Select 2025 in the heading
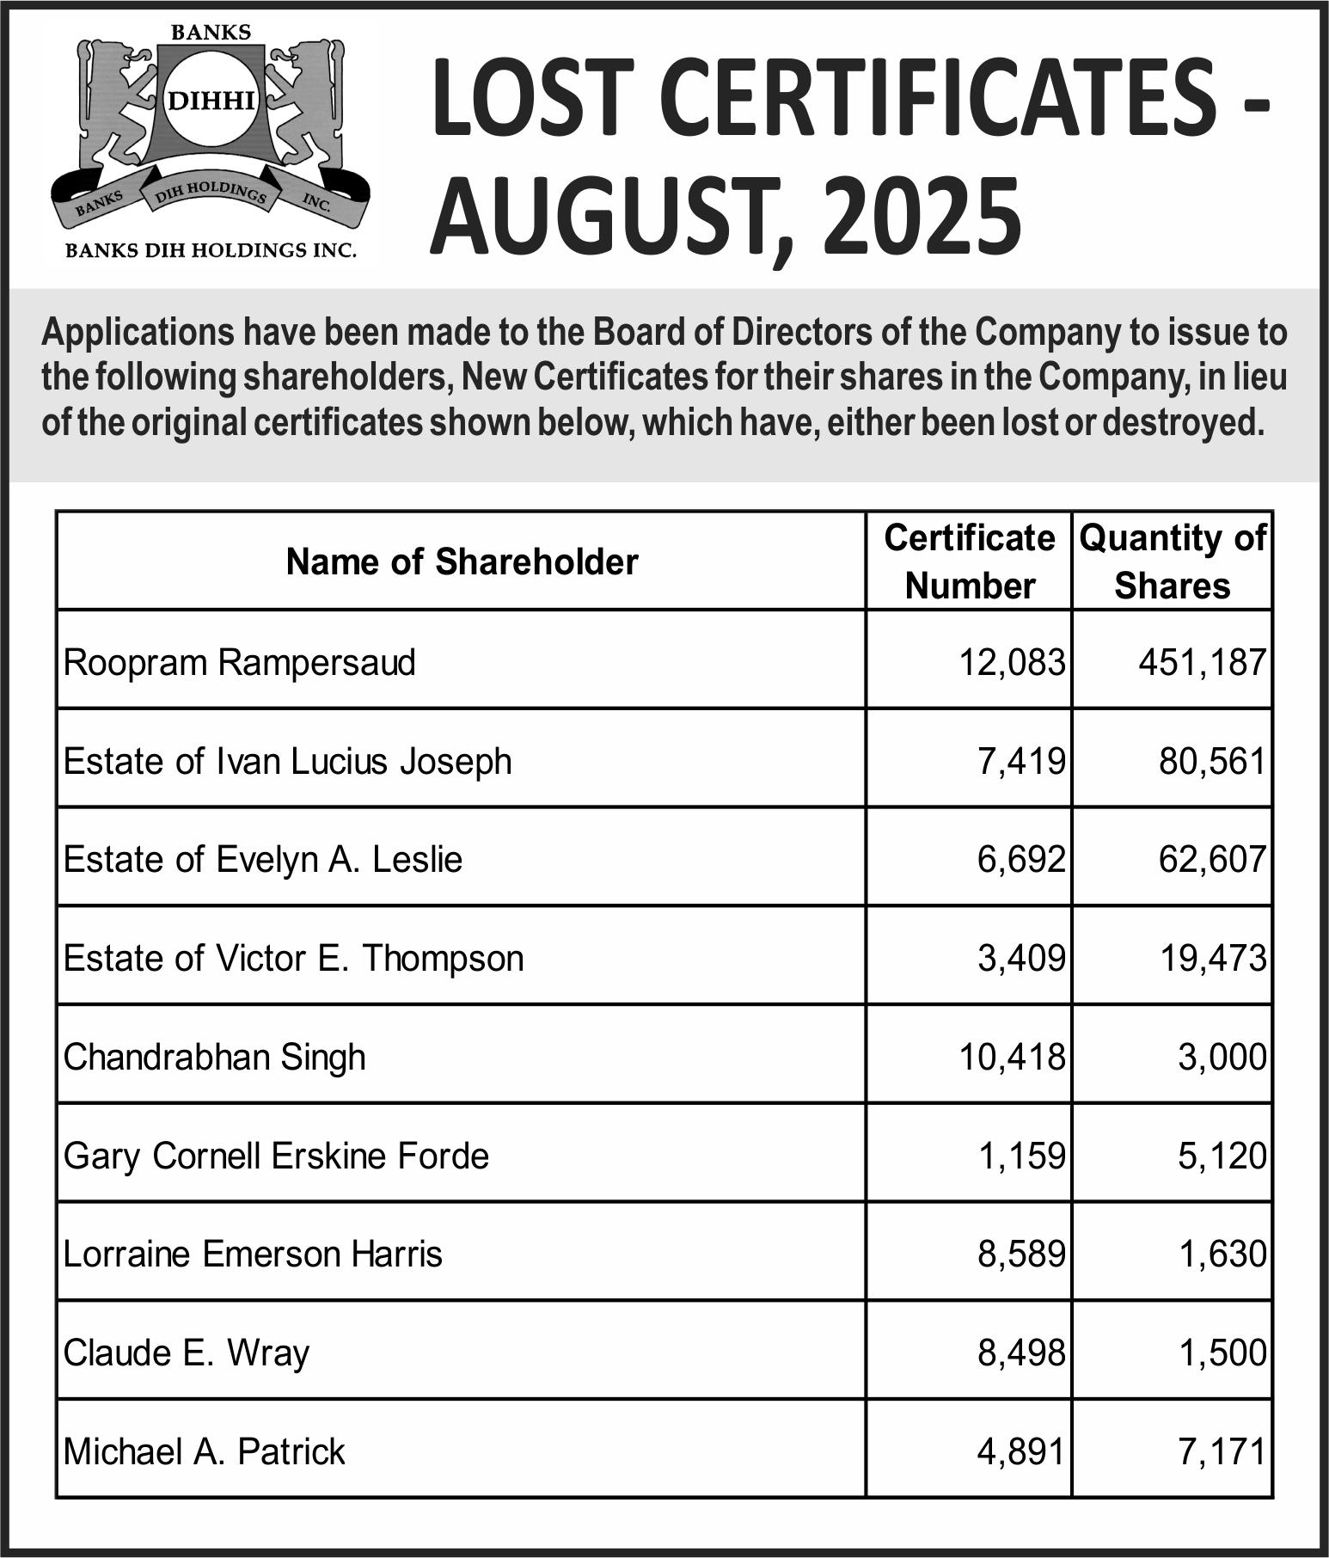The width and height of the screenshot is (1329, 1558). (x=923, y=216)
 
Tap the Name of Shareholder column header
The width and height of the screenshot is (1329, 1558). (x=462, y=561)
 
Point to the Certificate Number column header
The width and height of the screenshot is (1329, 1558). (x=969, y=561)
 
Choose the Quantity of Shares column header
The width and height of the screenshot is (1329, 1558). (x=1172, y=561)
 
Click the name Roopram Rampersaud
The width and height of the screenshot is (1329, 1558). (x=239, y=663)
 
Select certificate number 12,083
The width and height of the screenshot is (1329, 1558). (x=1012, y=663)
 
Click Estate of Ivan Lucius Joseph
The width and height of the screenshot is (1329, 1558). (x=287, y=762)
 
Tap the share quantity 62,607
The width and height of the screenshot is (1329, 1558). (x=1212, y=860)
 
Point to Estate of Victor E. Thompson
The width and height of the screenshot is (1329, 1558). (x=293, y=959)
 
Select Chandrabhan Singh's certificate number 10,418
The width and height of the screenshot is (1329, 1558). (x=1012, y=1057)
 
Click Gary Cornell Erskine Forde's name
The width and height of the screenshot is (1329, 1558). (x=276, y=1156)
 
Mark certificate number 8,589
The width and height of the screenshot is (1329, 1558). (x=1021, y=1254)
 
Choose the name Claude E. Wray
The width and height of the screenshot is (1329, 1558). (x=186, y=1353)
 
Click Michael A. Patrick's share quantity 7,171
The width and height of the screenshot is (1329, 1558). (x=1222, y=1452)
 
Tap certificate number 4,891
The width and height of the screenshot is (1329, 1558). (x=1021, y=1452)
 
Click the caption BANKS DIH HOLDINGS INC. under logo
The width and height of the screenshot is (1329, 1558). (x=211, y=251)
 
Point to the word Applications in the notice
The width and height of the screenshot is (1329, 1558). (x=138, y=332)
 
